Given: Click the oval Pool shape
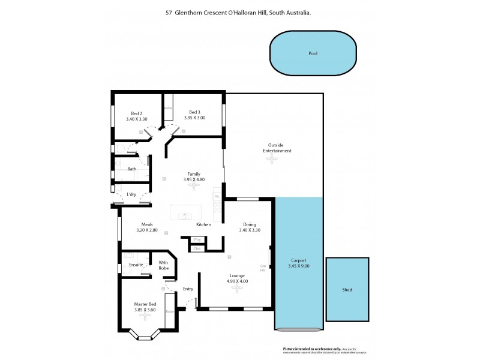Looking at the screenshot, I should tap(313, 53).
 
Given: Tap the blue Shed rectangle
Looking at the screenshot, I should tap(347, 289).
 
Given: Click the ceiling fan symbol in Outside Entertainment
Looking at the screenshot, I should tap(273, 159).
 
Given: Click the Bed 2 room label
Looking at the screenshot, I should tap(136, 113).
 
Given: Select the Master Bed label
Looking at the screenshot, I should tap(145, 304).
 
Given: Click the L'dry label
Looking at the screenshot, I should tap(132, 194).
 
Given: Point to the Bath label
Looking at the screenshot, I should tap(131, 169).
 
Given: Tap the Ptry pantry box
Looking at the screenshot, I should tap(197, 239).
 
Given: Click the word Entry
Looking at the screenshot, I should tap(188, 289).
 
